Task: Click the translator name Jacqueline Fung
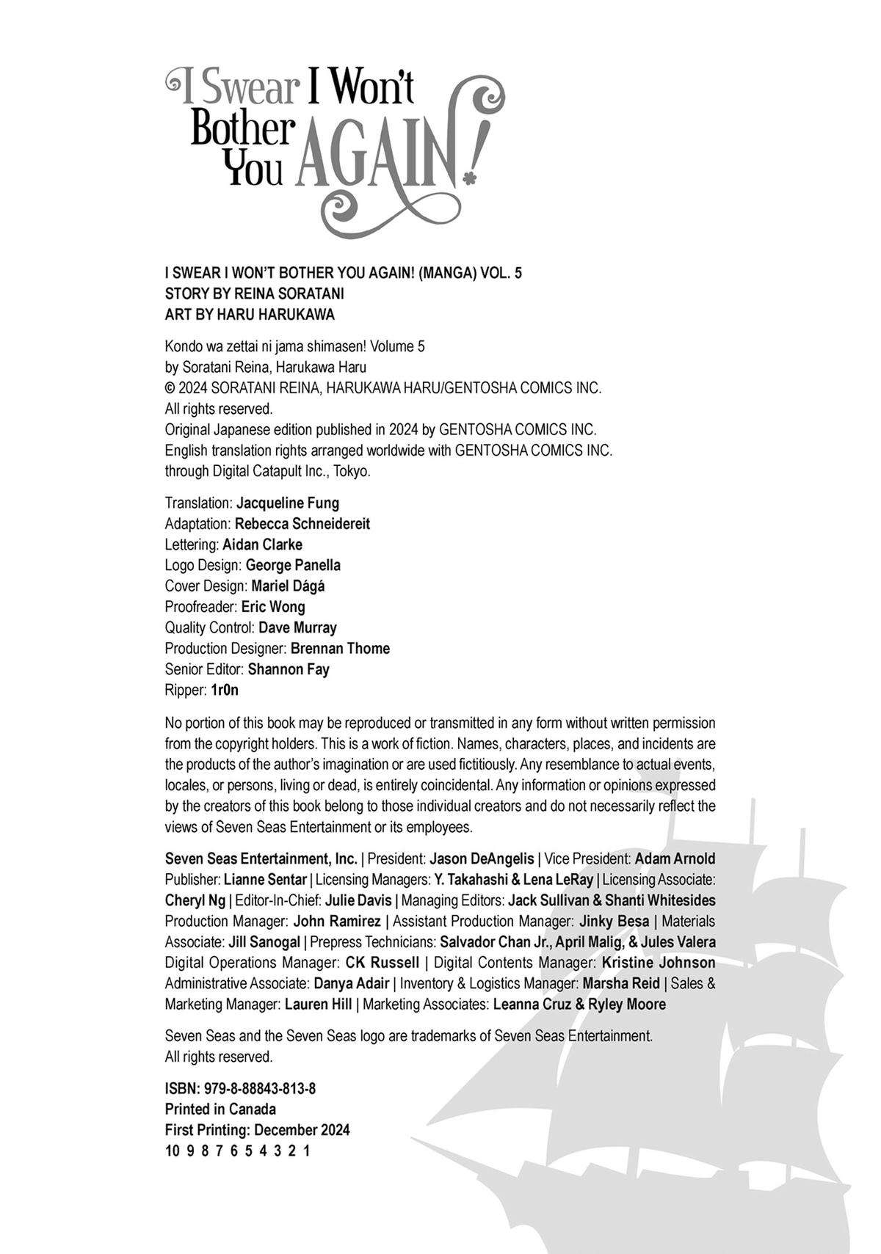(288, 503)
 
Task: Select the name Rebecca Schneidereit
(302, 524)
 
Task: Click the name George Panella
(293, 565)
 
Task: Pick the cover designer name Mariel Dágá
(288, 586)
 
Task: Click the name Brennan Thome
(340, 649)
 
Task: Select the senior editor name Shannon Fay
(289, 669)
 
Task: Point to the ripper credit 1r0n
(225, 690)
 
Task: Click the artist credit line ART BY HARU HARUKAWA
(250, 314)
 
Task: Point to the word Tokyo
(352, 471)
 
